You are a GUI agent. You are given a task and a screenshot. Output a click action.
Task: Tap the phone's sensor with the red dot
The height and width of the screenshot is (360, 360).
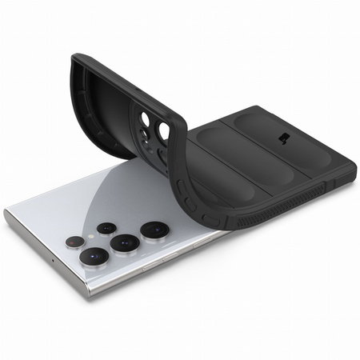(x=74, y=240)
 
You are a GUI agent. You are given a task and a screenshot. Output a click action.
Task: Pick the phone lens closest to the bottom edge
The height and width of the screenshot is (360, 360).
(x=95, y=256)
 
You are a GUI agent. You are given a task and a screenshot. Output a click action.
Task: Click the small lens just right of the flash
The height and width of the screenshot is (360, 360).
(x=106, y=228)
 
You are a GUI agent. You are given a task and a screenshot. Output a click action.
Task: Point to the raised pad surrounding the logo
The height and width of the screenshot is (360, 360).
(x=284, y=148)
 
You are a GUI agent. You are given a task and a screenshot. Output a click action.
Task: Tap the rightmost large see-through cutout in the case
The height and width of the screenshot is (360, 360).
(x=164, y=131)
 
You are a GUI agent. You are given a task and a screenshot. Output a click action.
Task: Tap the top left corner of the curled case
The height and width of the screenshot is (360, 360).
(x=75, y=58)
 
